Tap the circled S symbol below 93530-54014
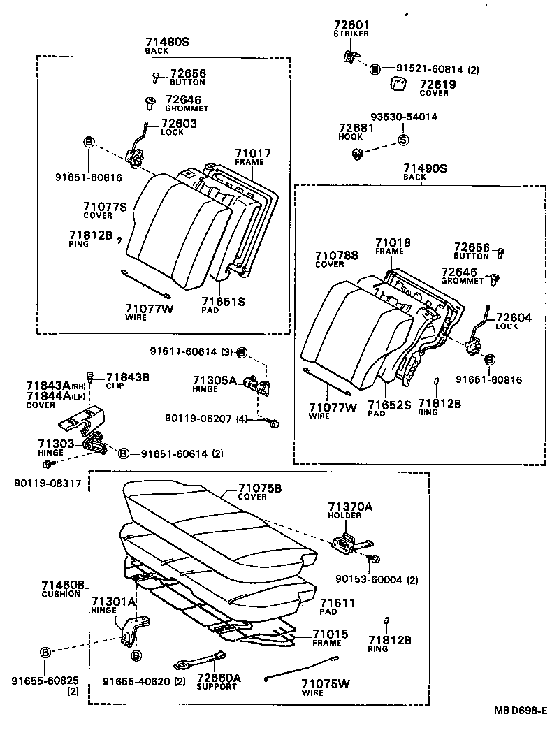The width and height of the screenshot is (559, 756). (402, 139)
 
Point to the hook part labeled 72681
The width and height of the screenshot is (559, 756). (358, 154)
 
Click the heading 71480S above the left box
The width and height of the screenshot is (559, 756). (167, 42)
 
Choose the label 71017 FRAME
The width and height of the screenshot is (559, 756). (252, 153)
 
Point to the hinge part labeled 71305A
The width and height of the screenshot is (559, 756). (258, 386)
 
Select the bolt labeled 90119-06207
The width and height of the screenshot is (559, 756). (275, 421)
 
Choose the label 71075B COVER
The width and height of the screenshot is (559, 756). (259, 488)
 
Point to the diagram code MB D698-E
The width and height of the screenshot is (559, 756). (520, 711)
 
